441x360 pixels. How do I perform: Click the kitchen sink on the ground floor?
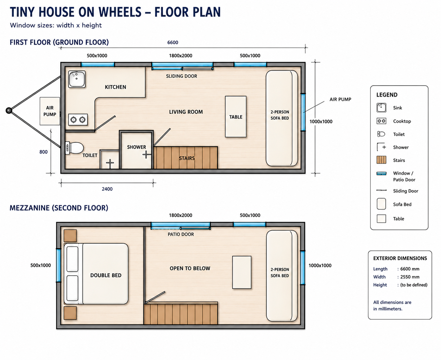point(77,79)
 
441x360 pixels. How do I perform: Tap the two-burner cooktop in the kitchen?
point(78,120)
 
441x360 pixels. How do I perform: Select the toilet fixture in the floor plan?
point(74,148)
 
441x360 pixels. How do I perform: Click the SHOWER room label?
point(136,147)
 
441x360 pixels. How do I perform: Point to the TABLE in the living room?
point(236,117)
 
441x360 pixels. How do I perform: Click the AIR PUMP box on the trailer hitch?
point(50,111)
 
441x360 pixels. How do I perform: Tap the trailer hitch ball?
point(9,110)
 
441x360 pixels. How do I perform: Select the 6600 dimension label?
point(173,43)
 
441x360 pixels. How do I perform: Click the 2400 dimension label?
point(107,189)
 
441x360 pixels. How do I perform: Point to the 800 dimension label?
point(43,152)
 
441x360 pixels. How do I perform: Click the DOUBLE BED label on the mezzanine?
point(106,275)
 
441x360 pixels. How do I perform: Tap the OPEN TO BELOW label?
point(190,268)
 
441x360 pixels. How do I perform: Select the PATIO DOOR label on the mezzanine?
point(181,234)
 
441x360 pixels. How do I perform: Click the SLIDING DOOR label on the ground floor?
point(181,76)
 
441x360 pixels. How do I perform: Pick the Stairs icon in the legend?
point(381,160)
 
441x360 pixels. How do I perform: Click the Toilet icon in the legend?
point(381,134)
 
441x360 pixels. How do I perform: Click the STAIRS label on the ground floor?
point(187,158)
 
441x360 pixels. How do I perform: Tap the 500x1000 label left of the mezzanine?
point(41,265)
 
